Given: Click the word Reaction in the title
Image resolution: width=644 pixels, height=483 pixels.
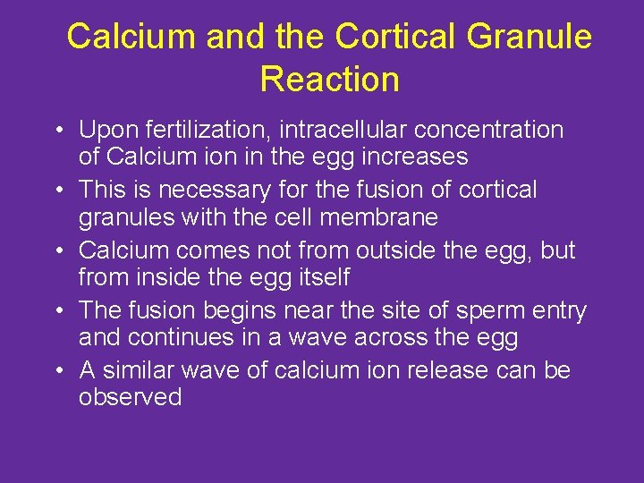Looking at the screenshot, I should point(329,80).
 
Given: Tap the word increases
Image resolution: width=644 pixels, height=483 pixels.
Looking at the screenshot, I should point(419,157).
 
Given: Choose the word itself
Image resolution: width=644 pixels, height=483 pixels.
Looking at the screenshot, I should point(320,277).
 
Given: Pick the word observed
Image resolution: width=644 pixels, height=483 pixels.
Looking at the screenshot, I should point(130,398).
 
